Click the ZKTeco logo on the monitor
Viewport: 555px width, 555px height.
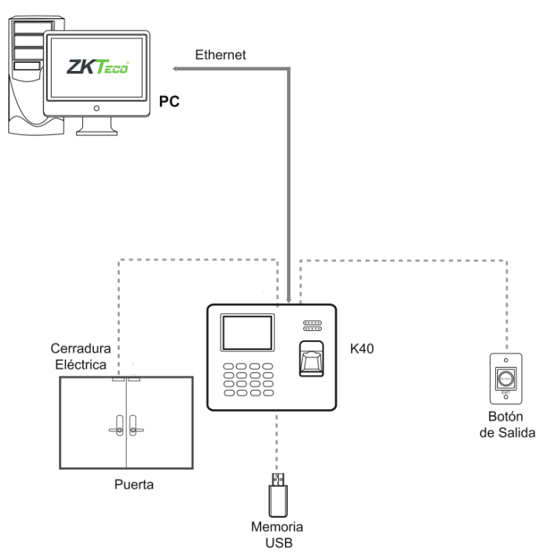[x=98, y=67]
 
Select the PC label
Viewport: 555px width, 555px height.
[x=170, y=101]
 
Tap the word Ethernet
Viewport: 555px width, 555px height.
[x=221, y=55]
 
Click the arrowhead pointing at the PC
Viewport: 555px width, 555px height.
[x=176, y=69]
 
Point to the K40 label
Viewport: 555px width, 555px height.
[x=363, y=347]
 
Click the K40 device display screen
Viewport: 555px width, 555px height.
[x=248, y=333]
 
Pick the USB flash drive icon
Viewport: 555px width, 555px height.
[x=277, y=495]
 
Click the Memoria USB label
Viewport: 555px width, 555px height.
[x=277, y=534]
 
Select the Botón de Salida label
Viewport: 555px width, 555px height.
[x=507, y=425]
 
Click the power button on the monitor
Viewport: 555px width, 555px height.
[x=96, y=107]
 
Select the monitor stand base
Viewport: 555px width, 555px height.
[x=96, y=130]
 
